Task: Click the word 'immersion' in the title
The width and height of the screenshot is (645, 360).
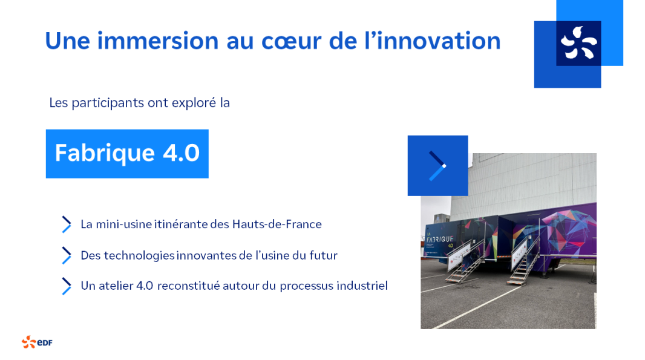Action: click(x=157, y=41)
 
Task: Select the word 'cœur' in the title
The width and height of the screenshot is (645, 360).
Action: click(x=291, y=42)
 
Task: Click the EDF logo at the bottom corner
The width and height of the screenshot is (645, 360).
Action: click(x=37, y=342)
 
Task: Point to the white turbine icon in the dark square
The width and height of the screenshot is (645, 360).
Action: click(x=579, y=43)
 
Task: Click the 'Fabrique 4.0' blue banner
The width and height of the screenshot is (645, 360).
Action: click(x=127, y=154)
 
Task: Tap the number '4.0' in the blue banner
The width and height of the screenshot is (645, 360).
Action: click(x=181, y=152)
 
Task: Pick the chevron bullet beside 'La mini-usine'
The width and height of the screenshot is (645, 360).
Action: click(x=66, y=224)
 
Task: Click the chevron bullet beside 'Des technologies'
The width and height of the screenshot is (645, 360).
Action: click(x=66, y=255)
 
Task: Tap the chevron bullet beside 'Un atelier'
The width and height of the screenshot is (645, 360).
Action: click(x=66, y=286)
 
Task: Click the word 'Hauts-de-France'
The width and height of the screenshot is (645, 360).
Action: click(x=277, y=224)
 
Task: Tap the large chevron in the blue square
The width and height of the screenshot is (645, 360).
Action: click(x=437, y=166)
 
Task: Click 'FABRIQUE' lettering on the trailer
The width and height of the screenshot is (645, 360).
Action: click(x=440, y=238)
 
